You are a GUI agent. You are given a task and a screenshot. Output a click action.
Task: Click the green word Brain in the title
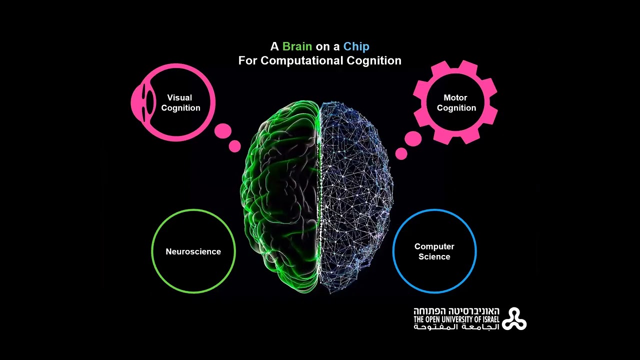[x=297, y=47]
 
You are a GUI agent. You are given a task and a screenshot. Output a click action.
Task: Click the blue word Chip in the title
[x=356, y=47]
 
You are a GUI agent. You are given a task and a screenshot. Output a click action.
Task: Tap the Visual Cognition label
[x=180, y=103]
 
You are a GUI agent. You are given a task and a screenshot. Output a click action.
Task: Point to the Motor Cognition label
[x=456, y=103]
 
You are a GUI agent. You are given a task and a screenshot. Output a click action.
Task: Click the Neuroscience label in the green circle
[x=193, y=251]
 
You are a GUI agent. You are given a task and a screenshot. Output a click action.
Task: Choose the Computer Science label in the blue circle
[x=434, y=251]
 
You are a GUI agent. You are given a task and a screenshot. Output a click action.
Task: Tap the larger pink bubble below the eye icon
[x=223, y=131]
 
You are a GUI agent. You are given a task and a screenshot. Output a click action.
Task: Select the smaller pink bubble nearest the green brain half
[x=234, y=146]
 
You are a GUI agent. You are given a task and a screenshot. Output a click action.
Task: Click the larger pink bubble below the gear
[x=413, y=139]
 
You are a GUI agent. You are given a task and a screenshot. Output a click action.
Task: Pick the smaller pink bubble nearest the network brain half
[x=401, y=153]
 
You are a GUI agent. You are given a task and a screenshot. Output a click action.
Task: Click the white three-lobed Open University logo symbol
[x=514, y=319]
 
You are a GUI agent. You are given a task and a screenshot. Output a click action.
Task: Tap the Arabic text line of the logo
[x=456, y=327]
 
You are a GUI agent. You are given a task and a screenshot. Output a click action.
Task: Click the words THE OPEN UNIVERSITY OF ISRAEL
[x=456, y=319]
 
